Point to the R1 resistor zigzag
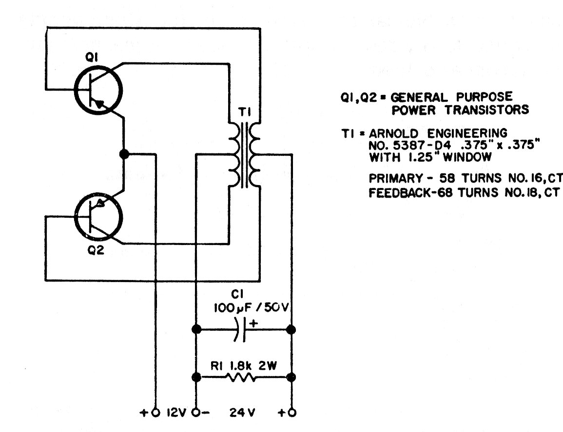(239, 377)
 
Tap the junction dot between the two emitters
(124, 154)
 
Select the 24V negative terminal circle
(195, 412)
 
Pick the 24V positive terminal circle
(291, 412)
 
